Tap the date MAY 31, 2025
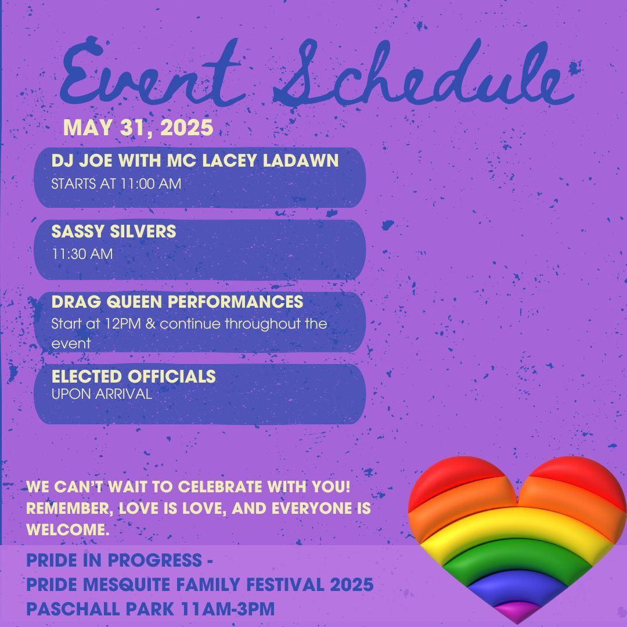pyautogui.click(x=138, y=128)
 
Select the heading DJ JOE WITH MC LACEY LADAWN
pyautogui.click(x=194, y=161)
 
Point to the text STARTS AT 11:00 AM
pyautogui.click(x=116, y=184)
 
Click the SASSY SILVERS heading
pyautogui.click(x=114, y=231)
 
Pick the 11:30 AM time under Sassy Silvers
pyautogui.click(x=82, y=254)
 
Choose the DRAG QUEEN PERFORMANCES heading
pyautogui.click(x=177, y=302)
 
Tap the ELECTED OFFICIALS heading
pyautogui.click(x=134, y=376)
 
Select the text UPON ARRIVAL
pyautogui.click(x=102, y=394)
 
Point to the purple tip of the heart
pyautogui.click(x=517, y=611)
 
